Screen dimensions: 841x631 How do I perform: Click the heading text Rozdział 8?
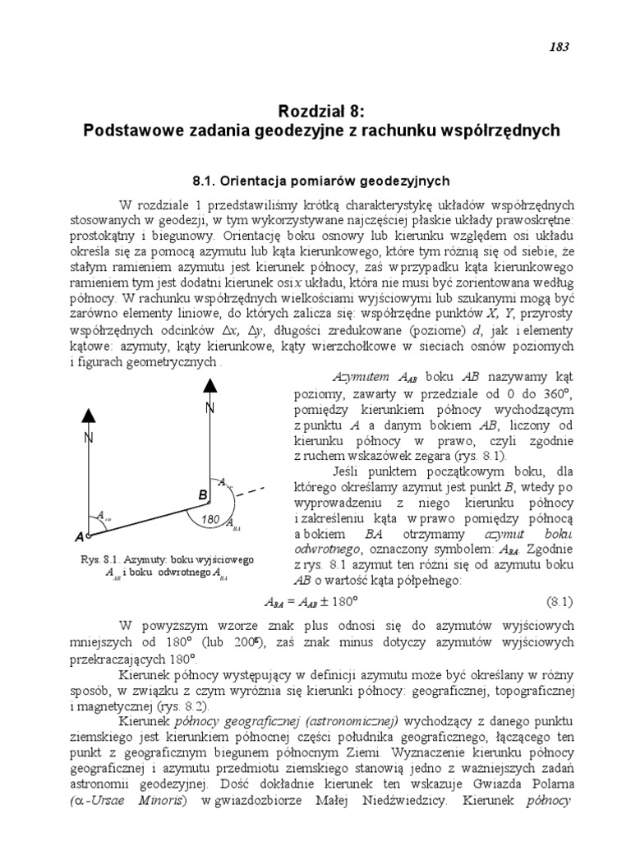[315, 111]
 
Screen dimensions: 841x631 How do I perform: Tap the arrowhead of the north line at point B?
[210, 384]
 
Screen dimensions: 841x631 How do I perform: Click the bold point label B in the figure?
[201, 495]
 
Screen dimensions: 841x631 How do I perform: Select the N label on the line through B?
[210, 408]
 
